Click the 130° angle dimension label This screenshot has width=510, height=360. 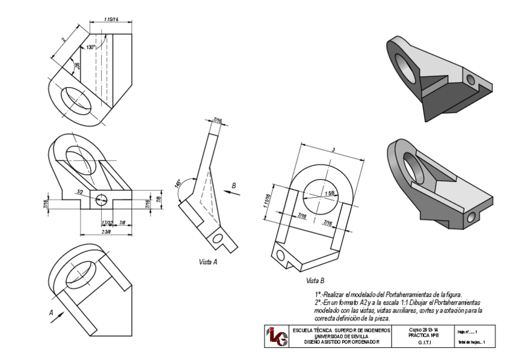tap(91, 47)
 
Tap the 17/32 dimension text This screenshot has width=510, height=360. tap(107, 223)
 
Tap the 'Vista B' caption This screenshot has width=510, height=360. tap(315, 281)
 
